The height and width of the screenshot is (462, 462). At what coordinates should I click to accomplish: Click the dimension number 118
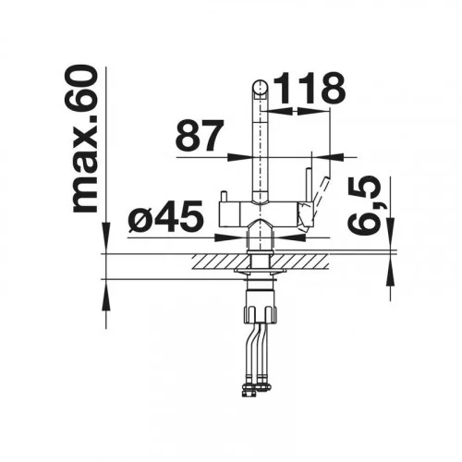(310, 88)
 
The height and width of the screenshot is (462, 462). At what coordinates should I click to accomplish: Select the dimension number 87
(200, 135)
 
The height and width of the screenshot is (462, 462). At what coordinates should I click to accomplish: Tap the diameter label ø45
(166, 216)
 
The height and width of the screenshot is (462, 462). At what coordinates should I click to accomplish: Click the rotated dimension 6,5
(364, 206)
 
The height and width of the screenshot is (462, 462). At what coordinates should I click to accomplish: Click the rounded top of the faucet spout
(261, 88)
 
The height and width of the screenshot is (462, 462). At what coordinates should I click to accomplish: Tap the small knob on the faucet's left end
(224, 197)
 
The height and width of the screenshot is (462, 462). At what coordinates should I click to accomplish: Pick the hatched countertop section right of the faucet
(301, 261)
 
